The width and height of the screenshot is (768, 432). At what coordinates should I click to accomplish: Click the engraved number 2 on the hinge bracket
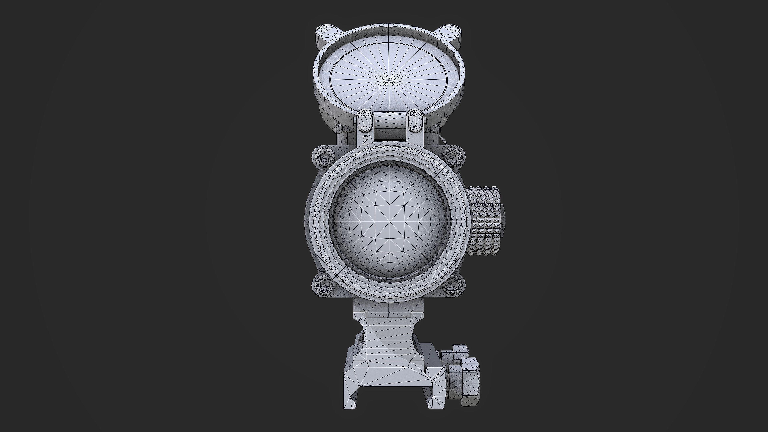(365, 140)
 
